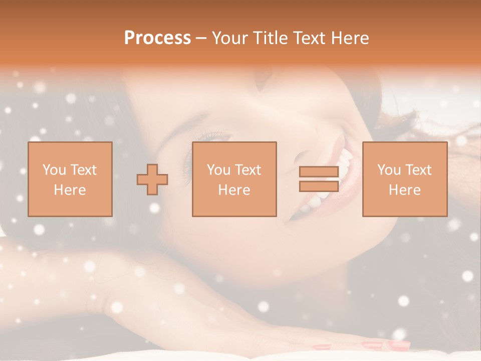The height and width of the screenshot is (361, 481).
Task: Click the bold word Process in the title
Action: [157, 38]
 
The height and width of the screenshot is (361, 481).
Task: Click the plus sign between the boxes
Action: [152, 179]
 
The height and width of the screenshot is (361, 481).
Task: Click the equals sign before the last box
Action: [319, 179]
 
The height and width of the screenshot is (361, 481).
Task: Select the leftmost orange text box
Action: [70, 179]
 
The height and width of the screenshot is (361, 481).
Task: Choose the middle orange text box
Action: [234, 179]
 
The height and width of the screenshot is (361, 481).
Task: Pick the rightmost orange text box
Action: [404, 179]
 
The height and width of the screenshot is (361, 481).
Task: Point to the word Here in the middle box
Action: [234, 190]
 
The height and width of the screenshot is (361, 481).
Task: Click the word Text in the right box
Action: [418, 170]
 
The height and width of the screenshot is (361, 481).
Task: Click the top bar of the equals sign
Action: [319, 172]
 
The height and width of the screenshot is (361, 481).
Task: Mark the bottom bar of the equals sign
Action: [319, 186]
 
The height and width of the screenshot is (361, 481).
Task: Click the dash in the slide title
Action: [201, 38]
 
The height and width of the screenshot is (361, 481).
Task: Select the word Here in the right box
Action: [404, 190]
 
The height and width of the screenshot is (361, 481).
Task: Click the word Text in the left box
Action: [83, 170]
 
